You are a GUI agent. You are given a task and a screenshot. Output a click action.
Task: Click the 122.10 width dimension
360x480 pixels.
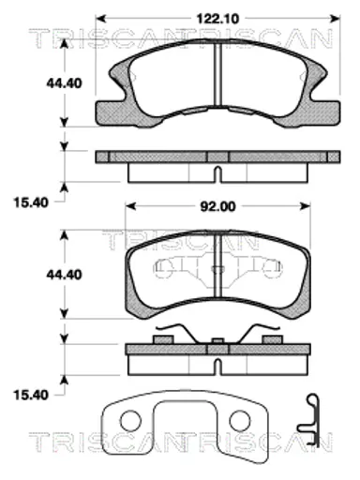[x=217, y=19]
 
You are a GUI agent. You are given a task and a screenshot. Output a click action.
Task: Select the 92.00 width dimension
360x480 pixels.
[x=217, y=206]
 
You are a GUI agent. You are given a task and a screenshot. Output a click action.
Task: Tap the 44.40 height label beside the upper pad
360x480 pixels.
[x=65, y=83]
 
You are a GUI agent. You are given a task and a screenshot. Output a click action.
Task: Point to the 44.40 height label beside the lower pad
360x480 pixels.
[x=65, y=275]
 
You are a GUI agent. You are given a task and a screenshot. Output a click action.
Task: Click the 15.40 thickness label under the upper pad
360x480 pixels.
[x=31, y=202]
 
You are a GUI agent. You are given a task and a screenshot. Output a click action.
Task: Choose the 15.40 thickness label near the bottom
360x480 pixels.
[x=31, y=395]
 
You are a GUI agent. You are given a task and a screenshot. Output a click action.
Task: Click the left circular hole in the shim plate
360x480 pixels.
[x=130, y=421]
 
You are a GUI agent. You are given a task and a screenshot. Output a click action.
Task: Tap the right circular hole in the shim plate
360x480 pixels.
[x=240, y=421]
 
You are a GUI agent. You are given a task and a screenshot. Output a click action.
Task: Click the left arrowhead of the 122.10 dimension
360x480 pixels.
[x=100, y=19]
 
